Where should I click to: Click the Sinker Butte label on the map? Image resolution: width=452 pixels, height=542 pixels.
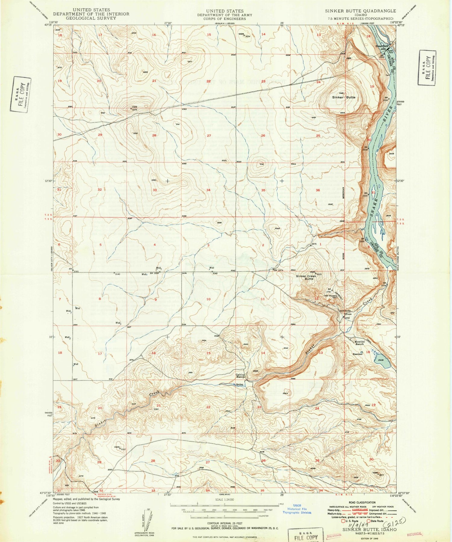[344, 97]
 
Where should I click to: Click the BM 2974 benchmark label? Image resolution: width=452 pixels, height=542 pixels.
[279, 270]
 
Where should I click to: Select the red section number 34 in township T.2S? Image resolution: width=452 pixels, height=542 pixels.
[208, 190]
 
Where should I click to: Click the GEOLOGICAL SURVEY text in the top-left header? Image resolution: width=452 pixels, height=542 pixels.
[91, 18]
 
